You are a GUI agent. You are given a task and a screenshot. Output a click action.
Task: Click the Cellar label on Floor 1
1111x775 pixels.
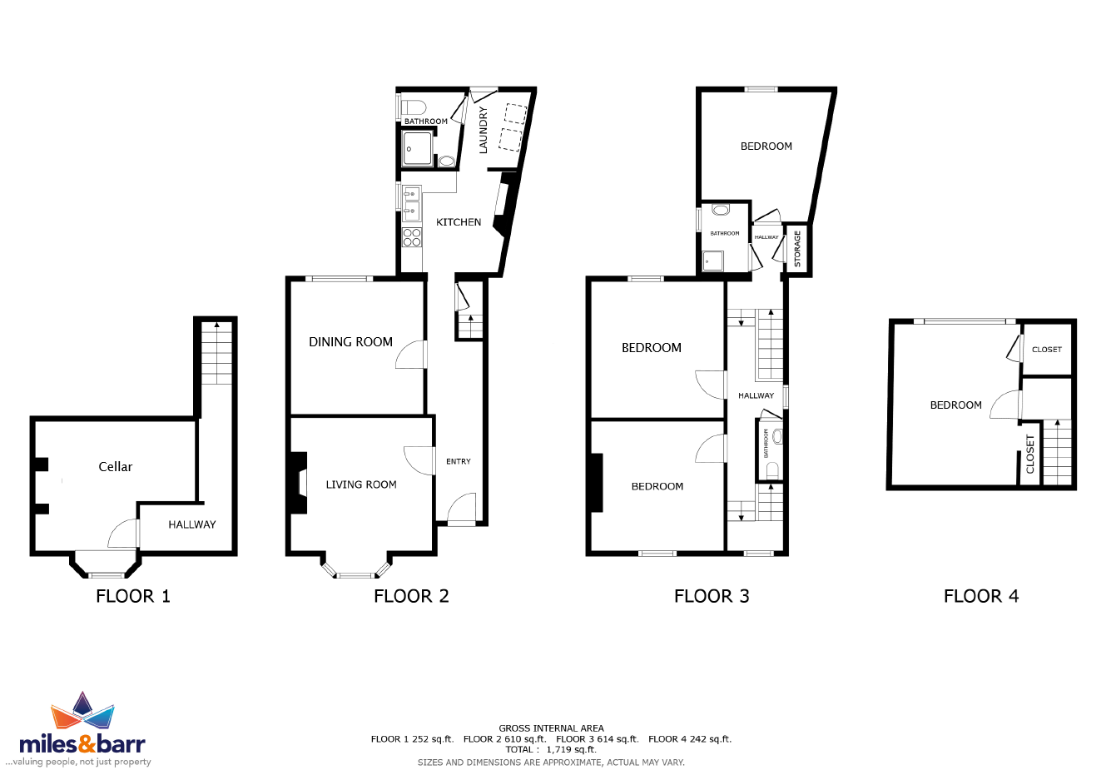click(116, 467)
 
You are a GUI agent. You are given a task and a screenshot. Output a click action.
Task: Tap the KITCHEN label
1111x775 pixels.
click(459, 222)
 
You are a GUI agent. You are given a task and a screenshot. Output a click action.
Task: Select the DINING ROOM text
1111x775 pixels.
click(350, 342)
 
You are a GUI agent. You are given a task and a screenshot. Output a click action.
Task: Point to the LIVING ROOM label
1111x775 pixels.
click(361, 484)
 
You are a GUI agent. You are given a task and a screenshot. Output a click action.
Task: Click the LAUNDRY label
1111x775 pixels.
click(483, 130)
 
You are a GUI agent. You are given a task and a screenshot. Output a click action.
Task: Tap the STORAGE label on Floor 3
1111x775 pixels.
click(797, 249)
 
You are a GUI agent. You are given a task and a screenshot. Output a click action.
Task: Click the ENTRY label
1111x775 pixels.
click(459, 461)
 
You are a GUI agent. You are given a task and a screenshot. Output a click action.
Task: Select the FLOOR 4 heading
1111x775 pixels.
click(981, 596)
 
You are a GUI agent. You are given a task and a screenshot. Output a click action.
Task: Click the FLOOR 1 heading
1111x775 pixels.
click(133, 596)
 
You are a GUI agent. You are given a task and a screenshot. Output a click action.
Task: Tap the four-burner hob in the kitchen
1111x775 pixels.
click(412, 237)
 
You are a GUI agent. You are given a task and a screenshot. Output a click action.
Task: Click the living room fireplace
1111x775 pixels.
click(299, 482)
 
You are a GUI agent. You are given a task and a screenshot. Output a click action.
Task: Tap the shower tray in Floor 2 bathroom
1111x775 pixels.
click(417, 148)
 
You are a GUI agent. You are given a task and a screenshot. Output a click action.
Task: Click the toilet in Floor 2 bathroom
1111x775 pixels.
click(414, 107)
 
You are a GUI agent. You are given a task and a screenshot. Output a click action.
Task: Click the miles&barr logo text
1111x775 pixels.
click(82, 745)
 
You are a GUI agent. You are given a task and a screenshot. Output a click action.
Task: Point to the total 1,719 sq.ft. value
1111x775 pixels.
click(572, 750)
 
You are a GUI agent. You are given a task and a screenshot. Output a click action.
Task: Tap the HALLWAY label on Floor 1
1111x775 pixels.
click(192, 525)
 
